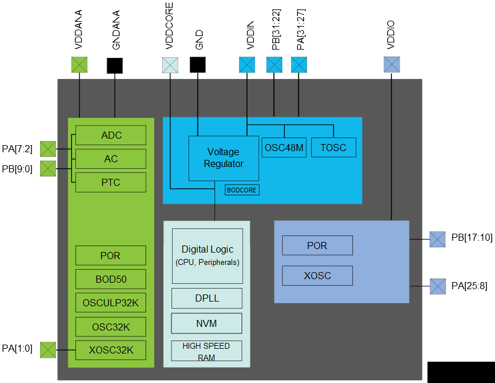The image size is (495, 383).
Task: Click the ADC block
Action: [111, 135]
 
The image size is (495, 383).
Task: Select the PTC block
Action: [111, 182]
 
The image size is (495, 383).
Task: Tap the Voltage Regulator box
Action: [223, 158]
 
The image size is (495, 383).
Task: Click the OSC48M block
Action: [283, 148]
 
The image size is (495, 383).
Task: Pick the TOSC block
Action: [334, 148]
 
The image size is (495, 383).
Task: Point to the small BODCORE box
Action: [242, 190]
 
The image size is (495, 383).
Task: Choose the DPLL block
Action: [207, 298]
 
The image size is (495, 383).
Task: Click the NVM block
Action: [207, 323]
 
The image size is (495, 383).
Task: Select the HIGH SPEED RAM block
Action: [207, 351]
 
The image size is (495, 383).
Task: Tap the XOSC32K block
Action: [111, 350]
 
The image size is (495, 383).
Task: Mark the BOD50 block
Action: [111, 279]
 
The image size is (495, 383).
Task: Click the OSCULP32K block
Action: [111, 303]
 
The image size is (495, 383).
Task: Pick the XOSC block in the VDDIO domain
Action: [317, 276]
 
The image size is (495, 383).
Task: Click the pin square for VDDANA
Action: [79, 65]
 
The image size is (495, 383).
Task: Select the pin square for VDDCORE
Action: [170, 65]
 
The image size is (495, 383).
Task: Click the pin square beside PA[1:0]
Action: [48, 350]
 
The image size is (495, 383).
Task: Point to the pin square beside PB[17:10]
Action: [438, 239]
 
